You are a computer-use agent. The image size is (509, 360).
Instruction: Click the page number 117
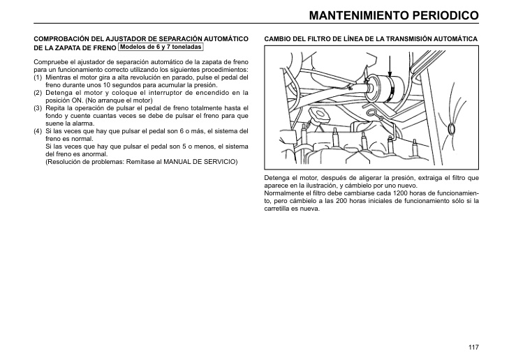tap(473, 347)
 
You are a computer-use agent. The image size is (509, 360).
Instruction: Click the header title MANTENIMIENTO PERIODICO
tap(393, 14)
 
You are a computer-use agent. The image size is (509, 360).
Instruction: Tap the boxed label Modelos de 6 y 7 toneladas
tap(161, 47)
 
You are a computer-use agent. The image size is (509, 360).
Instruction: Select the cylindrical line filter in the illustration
tap(385, 88)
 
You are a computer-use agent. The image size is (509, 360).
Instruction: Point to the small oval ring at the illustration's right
tap(452, 128)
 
